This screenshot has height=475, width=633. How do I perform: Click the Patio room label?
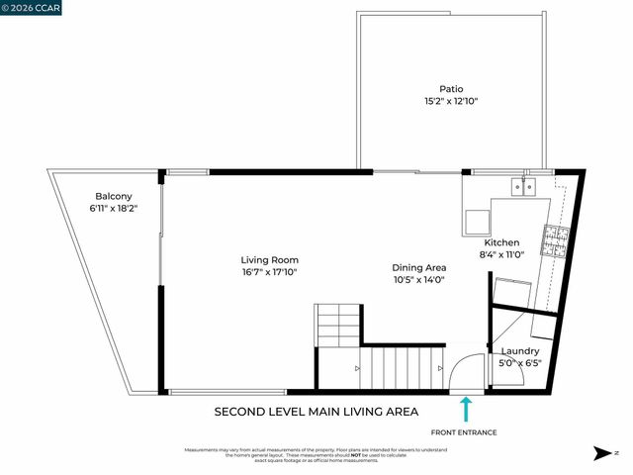pos(450,88)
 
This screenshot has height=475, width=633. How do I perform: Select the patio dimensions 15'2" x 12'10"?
pos(450,101)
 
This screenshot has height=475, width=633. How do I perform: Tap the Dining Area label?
pos(419,267)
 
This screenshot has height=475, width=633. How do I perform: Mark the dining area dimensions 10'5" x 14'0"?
pos(419,280)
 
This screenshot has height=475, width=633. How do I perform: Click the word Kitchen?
pos(501,242)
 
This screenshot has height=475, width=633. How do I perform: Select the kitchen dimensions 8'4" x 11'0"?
pos(501,254)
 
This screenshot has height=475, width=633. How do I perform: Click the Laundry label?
pos(520,351)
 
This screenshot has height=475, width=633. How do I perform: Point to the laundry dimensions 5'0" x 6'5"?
pos(520,363)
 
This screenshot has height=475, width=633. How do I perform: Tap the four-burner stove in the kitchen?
pos(554,238)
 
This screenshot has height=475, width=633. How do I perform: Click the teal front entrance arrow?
pos(466,409)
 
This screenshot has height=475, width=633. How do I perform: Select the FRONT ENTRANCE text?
pos(465,432)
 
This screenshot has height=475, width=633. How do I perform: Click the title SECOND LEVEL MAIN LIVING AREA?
pos(316,412)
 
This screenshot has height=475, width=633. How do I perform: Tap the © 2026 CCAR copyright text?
pos(32,7)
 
